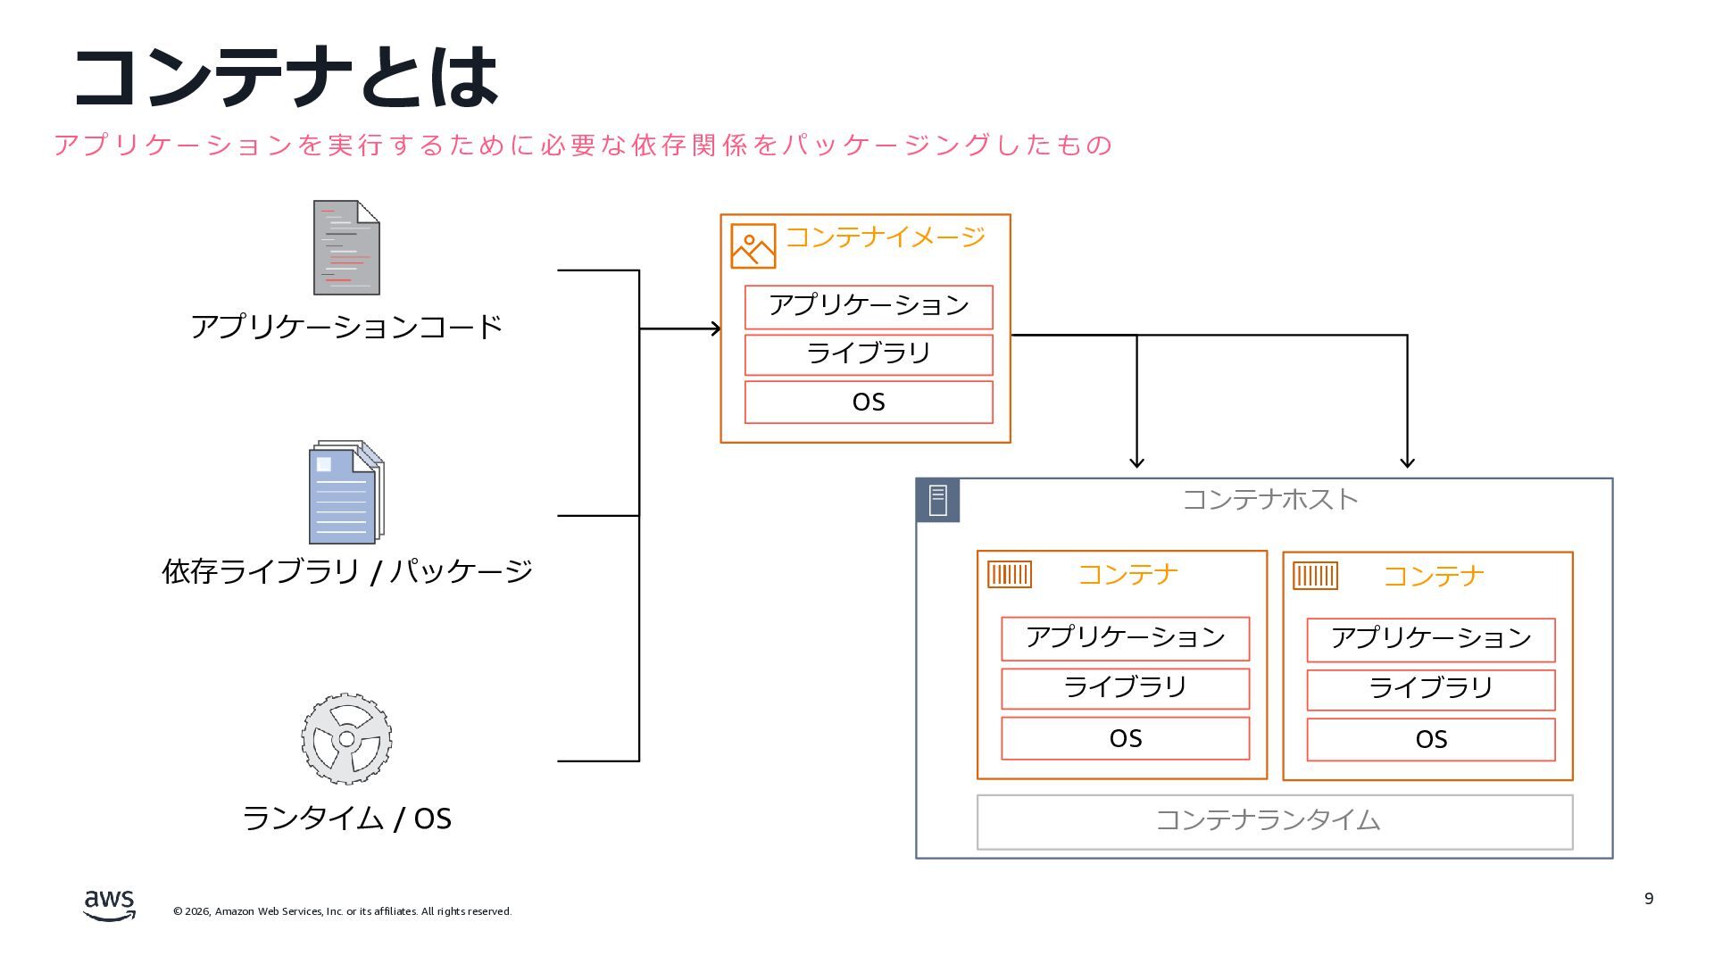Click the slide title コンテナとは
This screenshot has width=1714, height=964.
286,77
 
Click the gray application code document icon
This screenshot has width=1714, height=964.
346,248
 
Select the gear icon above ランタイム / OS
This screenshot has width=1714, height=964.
346,739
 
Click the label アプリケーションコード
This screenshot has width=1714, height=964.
346,327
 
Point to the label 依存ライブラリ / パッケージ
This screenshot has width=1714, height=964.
346,571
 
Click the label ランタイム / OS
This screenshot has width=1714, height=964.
346,818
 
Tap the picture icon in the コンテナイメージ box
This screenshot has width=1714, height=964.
753,245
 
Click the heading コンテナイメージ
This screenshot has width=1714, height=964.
885,237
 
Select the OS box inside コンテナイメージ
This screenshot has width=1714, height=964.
869,402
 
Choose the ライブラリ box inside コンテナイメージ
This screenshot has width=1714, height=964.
869,353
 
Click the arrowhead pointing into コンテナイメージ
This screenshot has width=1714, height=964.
715,328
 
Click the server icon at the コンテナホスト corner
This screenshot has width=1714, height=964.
937,500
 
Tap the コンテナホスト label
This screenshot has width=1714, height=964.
1269,499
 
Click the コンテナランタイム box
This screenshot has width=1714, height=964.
1274,821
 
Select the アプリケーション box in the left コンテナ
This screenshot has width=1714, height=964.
1125,638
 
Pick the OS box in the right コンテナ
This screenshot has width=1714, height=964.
1430,739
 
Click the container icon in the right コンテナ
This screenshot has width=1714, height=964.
1315,576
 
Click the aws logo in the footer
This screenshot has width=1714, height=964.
109,904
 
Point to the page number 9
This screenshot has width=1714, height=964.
1649,898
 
